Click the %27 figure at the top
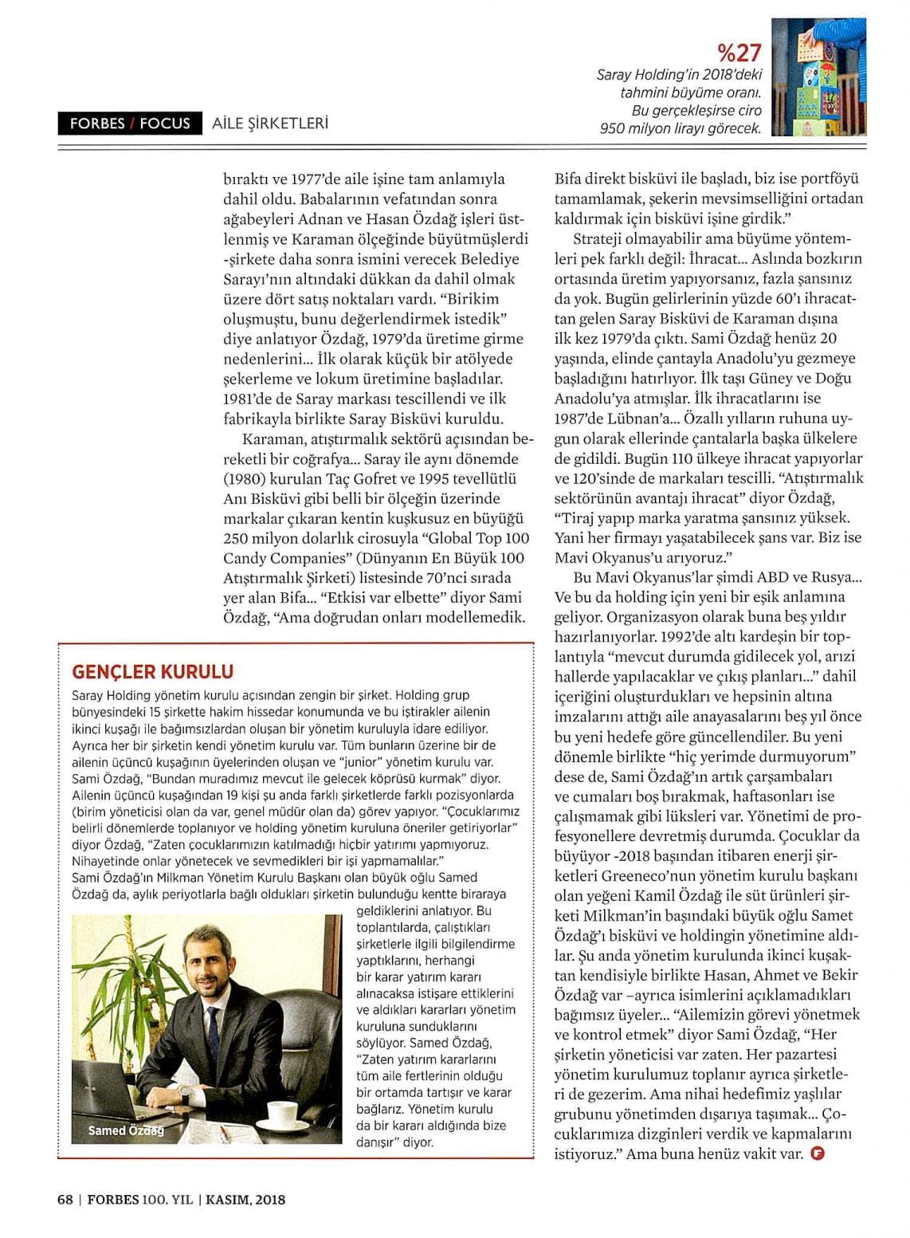739,53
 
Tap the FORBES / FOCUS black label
130,124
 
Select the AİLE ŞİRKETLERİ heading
270,124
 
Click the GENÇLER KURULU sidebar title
153,671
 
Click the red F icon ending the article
816,1153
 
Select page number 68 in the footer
65,1200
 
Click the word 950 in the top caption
614,128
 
